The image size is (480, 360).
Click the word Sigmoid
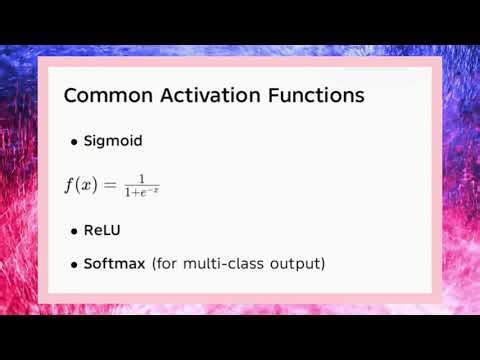pos(113,141)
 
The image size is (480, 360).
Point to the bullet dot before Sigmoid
pos(74,142)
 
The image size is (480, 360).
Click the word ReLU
pos(102,230)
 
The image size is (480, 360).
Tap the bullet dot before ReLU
pos(74,231)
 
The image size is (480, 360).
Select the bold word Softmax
pos(115,264)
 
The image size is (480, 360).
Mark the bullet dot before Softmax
pos(74,266)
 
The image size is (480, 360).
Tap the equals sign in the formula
pos(110,186)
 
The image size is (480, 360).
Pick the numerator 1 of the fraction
pos(141,179)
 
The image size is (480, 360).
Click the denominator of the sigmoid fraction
pos(141,192)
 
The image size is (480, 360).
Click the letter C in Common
pos(71,97)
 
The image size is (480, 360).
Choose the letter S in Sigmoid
pos(89,141)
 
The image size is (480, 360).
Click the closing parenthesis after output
pos(323,265)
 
